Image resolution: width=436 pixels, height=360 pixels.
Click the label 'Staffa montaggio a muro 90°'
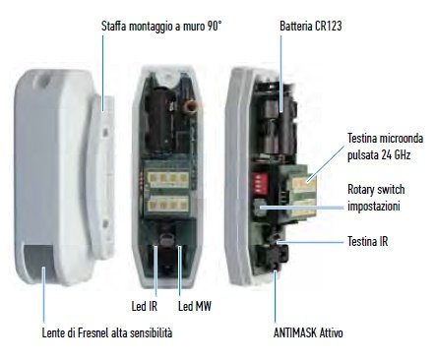point(161,27)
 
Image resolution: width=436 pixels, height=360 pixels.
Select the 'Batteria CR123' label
point(311,26)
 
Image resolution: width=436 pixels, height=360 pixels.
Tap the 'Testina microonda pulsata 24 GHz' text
point(386,147)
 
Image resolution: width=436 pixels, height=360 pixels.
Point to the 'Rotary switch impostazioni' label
point(376,198)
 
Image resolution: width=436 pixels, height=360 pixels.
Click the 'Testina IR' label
point(368,242)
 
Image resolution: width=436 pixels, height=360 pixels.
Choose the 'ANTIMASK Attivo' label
point(308,332)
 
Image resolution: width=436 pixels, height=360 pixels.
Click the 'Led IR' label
point(145,306)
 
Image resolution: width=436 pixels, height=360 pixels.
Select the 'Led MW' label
point(195,306)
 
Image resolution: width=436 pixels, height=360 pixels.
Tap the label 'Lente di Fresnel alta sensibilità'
point(107,332)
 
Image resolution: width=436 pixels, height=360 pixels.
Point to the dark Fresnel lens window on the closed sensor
point(39,262)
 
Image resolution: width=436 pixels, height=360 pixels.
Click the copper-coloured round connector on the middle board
point(191,106)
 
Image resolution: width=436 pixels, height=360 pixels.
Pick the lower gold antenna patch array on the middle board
point(168,204)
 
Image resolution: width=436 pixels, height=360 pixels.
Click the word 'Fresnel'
point(92,332)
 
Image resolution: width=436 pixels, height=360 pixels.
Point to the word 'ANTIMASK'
point(295,332)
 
